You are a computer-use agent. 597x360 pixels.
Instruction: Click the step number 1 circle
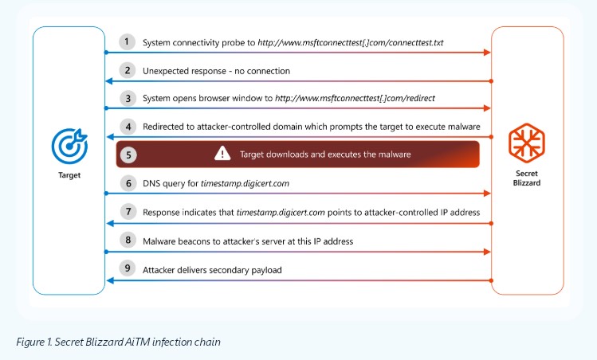(128, 41)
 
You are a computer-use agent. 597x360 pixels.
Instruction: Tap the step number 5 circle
(128, 155)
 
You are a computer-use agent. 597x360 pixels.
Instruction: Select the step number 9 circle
(128, 268)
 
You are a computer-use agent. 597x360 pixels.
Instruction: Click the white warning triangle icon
(222, 154)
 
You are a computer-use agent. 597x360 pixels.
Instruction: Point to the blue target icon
(69, 146)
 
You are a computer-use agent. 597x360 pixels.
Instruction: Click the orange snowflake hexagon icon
(527, 143)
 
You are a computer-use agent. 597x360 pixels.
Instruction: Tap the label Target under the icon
(69, 175)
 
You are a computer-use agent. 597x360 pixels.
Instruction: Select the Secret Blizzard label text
(527, 178)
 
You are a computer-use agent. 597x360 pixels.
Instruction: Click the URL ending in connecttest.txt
(350, 43)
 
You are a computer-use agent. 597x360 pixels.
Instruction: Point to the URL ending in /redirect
(355, 98)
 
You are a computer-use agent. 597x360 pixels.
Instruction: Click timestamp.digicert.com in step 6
(245, 183)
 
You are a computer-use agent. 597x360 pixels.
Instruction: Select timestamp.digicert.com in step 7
(281, 213)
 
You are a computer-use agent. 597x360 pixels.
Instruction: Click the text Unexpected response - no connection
(216, 71)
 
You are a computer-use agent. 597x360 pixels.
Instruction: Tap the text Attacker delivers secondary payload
(212, 270)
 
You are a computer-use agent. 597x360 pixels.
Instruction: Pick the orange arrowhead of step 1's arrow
(487, 53)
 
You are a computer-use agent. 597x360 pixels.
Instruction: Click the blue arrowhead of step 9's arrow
(110, 280)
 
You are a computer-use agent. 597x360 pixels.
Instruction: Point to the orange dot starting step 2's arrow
(491, 81)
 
